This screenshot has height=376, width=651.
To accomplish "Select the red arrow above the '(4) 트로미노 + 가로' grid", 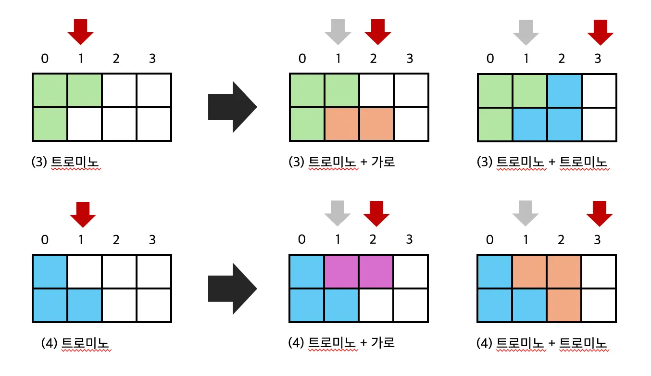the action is coord(376,213).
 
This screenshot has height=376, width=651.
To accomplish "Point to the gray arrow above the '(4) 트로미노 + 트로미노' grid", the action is coord(525,213).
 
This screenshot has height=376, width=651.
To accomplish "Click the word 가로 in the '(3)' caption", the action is coord(383,162).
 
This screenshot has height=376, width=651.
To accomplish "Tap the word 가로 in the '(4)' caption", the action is coord(383,343).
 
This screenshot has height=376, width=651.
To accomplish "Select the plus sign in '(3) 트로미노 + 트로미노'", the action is coord(552,162).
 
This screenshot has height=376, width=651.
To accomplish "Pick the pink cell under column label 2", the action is coord(376,272).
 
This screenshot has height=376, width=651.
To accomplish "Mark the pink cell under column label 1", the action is coord(342,272).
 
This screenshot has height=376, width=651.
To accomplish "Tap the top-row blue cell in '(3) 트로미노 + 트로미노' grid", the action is coord(564,90).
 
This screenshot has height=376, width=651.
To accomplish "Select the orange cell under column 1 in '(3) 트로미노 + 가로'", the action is coord(342,124).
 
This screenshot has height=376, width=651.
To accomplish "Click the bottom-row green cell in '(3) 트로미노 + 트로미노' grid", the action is coord(495,124).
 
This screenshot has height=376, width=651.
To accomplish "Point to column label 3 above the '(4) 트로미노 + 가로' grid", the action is coord(409,239).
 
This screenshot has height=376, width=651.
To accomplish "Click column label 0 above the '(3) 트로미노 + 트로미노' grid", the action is coord(490,59).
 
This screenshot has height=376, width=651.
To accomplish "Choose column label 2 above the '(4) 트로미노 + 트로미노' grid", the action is coord(561,239).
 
